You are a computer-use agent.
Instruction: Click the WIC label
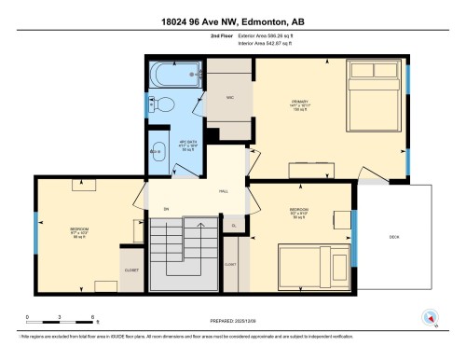pyautogui.click(x=228, y=97)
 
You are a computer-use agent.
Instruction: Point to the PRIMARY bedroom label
pyautogui.click(x=300, y=101)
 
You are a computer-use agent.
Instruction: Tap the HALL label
pyautogui.click(x=224, y=189)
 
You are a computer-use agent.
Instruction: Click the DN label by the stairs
pyautogui.click(x=166, y=210)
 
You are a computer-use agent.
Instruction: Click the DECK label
pyautogui.click(x=394, y=238)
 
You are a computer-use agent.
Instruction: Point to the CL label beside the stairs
pyautogui.click(x=233, y=227)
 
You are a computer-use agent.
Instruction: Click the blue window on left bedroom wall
pyautogui.click(x=36, y=227)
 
